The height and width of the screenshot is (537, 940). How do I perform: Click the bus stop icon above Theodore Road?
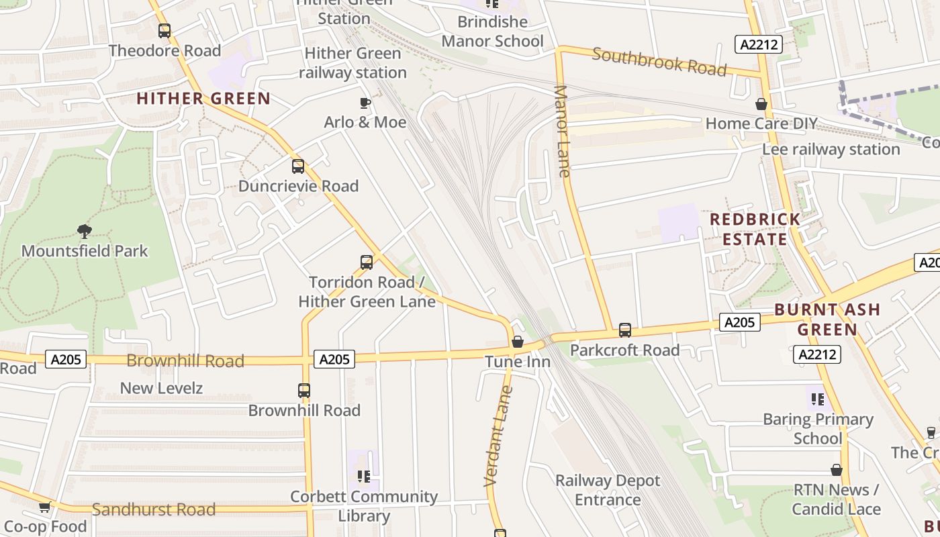(164, 31)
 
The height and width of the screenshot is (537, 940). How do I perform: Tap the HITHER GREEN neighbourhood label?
(203, 99)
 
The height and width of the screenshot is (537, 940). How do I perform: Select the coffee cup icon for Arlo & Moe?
(365, 103)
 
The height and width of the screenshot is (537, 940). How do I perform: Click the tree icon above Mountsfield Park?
(84, 232)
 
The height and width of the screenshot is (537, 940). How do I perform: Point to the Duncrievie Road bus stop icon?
(298, 166)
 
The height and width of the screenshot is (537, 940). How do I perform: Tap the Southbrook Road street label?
(659, 62)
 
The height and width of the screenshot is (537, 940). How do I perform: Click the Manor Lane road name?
(563, 131)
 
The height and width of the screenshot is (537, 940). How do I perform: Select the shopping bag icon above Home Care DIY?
(761, 104)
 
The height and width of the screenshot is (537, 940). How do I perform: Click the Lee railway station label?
(831, 149)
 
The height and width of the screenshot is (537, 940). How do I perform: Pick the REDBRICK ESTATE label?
(755, 229)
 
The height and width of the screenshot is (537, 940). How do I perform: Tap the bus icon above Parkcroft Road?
(625, 330)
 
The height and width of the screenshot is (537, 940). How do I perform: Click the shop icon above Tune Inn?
(518, 342)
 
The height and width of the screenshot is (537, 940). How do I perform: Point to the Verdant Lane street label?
(498, 435)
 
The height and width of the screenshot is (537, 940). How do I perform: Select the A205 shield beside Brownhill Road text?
(67, 360)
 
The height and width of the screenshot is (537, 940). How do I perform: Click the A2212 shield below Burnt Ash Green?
(816, 354)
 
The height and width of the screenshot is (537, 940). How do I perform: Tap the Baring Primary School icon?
(817, 400)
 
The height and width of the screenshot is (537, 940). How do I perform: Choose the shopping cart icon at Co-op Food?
(44, 507)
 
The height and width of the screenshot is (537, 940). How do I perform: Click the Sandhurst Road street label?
(154, 509)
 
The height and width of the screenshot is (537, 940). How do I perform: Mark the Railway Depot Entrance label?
(608, 490)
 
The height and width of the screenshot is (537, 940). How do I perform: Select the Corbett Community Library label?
(364, 506)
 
